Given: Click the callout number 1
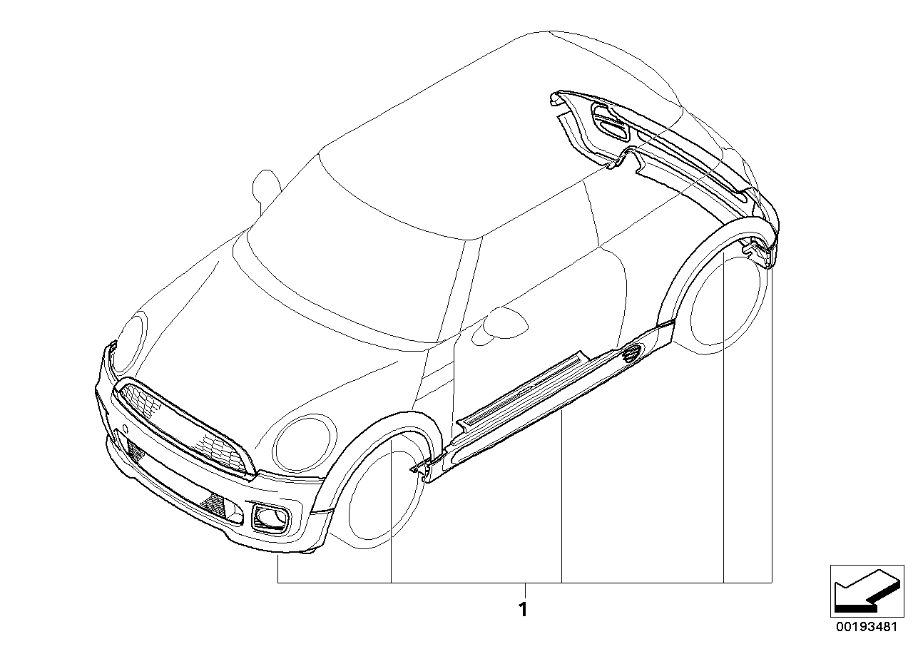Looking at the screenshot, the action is (523, 610).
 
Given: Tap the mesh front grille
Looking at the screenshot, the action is (180, 425).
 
